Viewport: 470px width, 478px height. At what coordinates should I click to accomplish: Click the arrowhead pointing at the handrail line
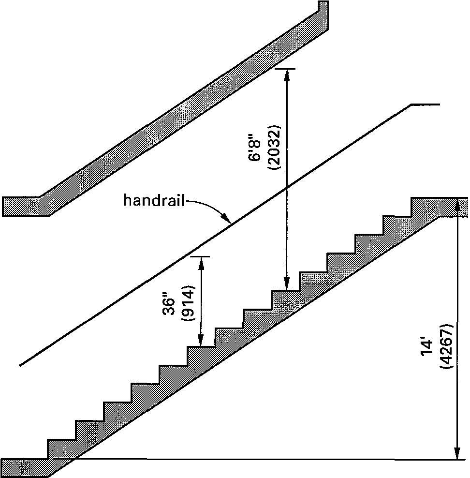pyautogui.click(x=227, y=220)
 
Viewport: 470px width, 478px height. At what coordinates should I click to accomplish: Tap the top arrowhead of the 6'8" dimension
pyautogui.click(x=287, y=73)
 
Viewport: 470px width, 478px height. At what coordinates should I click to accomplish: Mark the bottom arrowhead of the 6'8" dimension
pyautogui.click(x=287, y=285)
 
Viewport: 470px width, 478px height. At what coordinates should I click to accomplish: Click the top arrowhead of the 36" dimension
pyautogui.click(x=201, y=261)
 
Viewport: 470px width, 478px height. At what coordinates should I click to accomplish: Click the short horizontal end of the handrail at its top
pyautogui.click(x=425, y=104)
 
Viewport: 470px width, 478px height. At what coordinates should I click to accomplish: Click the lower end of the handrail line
pyautogui.click(x=22, y=364)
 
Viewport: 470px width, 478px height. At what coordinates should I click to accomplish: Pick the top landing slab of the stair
pyautogui.click(x=438, y=206)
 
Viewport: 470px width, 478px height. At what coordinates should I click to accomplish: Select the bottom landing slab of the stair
pyautogui.click(x=24, y=466)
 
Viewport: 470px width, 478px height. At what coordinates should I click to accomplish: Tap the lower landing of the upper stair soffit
pyautogui.click(x=24, y=206)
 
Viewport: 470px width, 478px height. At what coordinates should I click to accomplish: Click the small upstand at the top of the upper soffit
pyautogui.click(x=323, y=6)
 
